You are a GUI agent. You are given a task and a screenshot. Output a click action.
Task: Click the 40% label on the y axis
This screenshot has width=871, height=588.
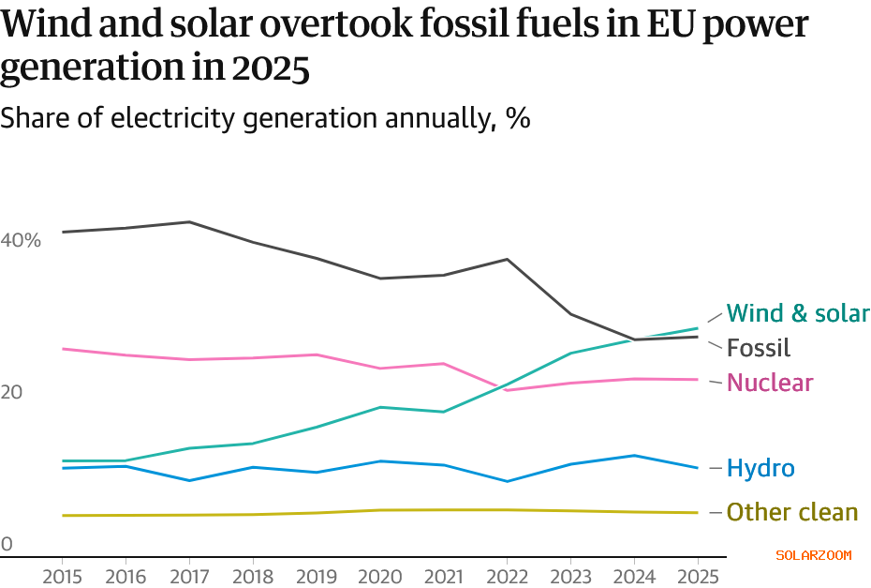click(21, 240)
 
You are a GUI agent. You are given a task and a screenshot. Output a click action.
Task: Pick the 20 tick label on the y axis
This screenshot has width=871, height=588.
click(11, 392)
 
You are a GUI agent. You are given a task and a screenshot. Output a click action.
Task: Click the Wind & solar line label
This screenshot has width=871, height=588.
click(798, 313)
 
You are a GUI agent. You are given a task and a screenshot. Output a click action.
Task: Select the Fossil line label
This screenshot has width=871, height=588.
click(759, 348)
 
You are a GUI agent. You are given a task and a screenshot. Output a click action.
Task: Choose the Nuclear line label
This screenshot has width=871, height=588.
click(770, 383)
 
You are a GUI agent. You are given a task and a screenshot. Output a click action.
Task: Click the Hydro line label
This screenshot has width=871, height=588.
click(760, 468)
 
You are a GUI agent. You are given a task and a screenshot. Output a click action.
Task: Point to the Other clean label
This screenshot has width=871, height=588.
click(792, 512)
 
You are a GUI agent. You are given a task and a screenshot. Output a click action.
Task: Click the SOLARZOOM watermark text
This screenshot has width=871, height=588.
click(813, 555)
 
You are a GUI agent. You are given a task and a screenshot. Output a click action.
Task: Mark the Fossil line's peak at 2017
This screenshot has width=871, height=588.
click(189, 222)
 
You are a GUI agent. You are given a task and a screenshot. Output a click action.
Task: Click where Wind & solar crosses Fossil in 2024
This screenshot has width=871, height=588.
click(635, 339)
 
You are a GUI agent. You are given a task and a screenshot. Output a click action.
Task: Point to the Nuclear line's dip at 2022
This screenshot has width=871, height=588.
click(508, 390)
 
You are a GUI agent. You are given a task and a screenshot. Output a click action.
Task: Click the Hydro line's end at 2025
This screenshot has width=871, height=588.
click(698, 468)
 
